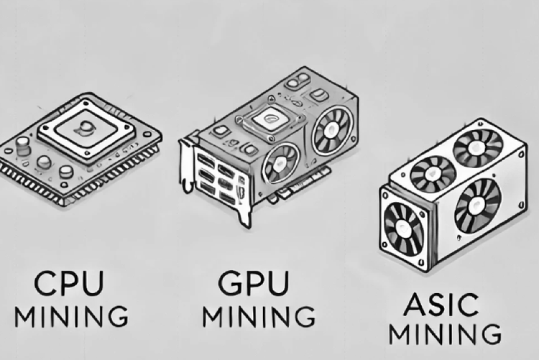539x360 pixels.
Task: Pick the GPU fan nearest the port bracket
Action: pos(281,162)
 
